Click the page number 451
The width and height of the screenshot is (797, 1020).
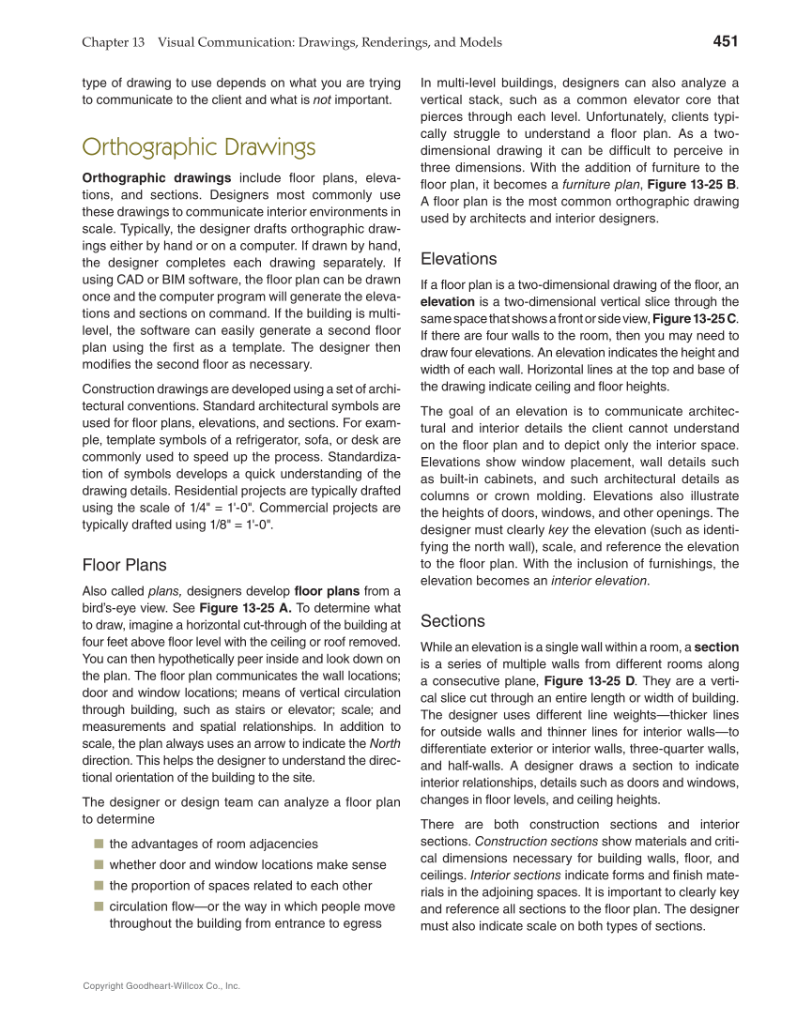click(725, 41)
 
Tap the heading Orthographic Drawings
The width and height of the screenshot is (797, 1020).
click(199, 147)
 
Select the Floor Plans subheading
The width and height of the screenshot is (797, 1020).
click(125, 565)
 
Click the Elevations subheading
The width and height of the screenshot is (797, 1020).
click(459, 259)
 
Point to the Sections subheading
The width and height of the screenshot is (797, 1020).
click(452, 621)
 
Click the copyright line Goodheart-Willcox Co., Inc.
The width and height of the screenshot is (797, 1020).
click(161, 986)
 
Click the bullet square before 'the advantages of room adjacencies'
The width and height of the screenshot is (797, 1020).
click(97, 844)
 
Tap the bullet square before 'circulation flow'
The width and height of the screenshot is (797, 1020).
click(97, 907)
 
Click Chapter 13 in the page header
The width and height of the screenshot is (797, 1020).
click(113, 42)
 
